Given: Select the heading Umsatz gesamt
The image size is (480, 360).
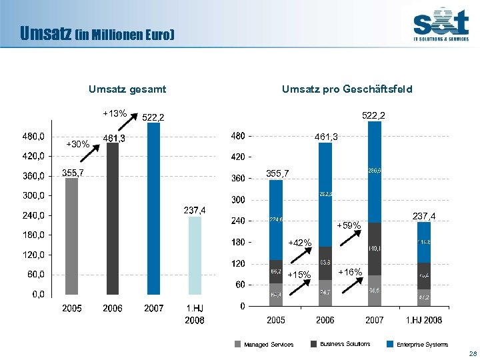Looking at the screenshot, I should click(127, 89).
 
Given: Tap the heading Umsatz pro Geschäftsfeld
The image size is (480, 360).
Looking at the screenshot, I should click(347, 89).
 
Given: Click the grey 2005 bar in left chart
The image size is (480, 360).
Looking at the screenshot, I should click(71, 236).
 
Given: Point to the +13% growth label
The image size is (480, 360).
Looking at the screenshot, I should click(115, 113).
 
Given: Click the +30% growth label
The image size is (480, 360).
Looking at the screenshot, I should click(78, 144).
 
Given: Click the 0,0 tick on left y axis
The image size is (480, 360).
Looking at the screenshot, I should click(37, 294).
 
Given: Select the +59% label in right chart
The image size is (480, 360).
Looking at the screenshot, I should click(349, 226).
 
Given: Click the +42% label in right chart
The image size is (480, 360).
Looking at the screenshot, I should click(299, 243).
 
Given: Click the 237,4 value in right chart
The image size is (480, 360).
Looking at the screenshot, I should click(424, 216).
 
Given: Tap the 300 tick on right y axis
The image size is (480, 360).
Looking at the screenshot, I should click(238, 200).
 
